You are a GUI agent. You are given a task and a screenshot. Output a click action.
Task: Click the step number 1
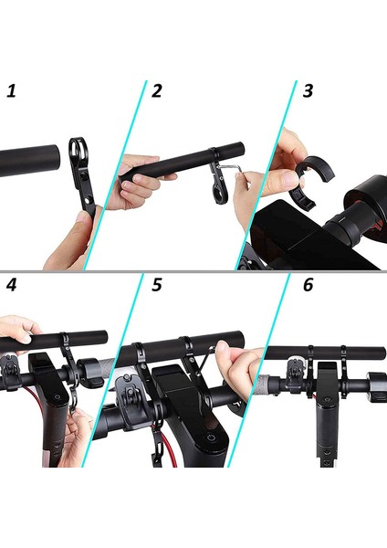12,90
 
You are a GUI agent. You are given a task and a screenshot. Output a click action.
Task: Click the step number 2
157,90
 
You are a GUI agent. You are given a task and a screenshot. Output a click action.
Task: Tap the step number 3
308,90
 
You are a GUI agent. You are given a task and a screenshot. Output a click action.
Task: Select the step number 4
12,285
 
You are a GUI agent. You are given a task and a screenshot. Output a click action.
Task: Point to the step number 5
157,285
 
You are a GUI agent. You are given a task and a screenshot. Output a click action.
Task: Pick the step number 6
308,285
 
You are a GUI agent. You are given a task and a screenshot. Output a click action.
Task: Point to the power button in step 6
326,399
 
